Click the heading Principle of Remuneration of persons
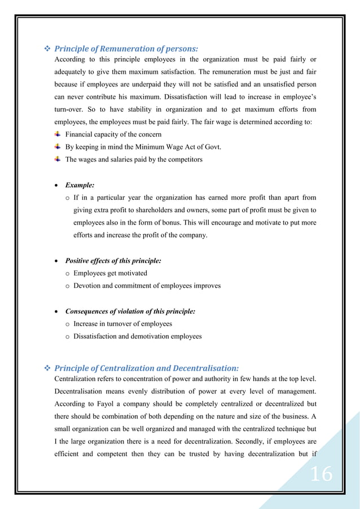pos(126,49)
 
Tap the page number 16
pos(322,475)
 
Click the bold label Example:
pos(80,185)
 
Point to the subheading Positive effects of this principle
pos(113,261)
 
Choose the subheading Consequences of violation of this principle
pos(130,311)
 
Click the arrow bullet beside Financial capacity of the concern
pos(58,134)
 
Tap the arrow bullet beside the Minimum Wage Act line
pos(58,147)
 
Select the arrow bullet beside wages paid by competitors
pos(58,159)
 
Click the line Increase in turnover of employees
pos(122,324)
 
